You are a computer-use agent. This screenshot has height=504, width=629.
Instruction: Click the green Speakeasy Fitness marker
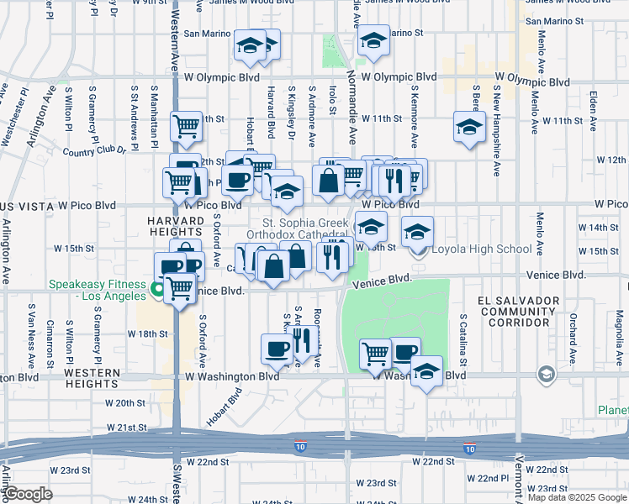(x=158, y=291)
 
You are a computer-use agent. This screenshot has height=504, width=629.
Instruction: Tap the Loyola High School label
(x=481, y=249)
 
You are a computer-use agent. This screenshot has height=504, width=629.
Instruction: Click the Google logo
(x=29, y=495)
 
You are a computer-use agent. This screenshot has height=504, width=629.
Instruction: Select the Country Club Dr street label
(x=94, y=152)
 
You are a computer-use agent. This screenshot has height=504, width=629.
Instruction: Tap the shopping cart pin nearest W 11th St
(x=186, y=127)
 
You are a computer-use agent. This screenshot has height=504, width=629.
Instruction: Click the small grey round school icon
(x=546, y=374)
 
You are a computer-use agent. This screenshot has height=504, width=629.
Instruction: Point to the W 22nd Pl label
(x=494, y=478)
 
